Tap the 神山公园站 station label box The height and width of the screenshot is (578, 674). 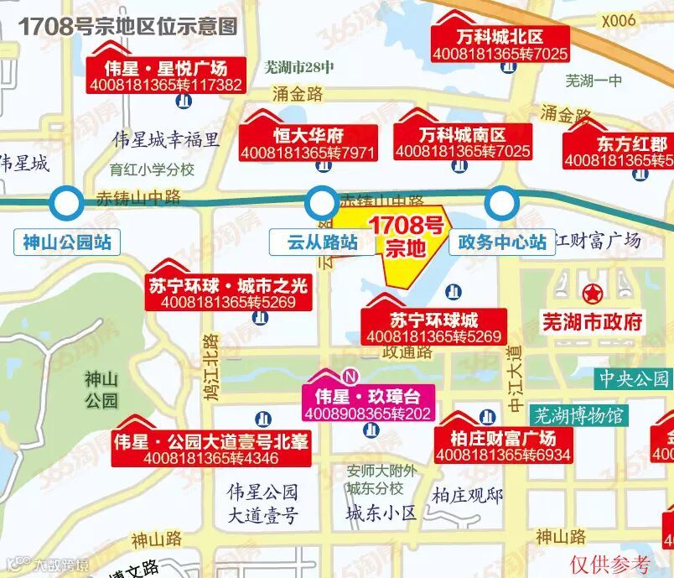(x=67, y=243)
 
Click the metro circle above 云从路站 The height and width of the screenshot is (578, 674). (x=319, y=202)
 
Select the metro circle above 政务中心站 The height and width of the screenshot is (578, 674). (x=501, y=201)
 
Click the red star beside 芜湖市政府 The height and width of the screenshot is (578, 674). (x=593, y=294)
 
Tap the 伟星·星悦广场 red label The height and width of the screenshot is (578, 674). (x=167, y=75)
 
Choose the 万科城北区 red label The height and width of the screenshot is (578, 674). (x=500, y=45)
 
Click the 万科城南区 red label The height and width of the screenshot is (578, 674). (x=463, y=143)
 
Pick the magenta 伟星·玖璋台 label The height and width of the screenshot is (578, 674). (x=367, y=404)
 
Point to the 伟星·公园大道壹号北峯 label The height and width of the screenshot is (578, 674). (x=210, y=449)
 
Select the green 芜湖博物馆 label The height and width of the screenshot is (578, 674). (x=579, y=414)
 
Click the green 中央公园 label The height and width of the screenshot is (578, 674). (x=634, y=379)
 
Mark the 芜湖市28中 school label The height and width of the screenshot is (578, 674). (x=298, y=68)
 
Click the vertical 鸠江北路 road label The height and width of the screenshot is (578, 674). (x=210, y=365)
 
